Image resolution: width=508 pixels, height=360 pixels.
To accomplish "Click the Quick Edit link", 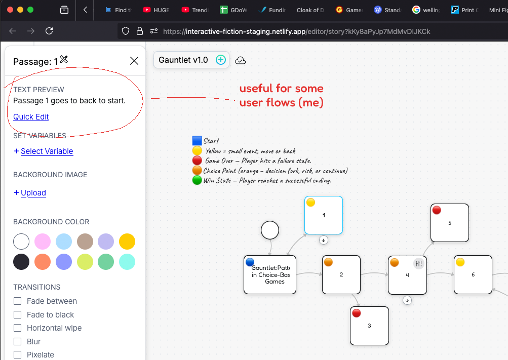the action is [31, 117].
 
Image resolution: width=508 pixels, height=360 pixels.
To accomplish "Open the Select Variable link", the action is [47, 151].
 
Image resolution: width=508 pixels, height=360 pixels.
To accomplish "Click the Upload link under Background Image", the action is [33, 192].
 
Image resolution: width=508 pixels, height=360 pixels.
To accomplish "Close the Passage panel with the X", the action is [134, 61].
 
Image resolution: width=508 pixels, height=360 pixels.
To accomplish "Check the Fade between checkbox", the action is [18, 301].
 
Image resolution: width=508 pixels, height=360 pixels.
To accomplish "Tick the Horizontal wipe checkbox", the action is [18, 328].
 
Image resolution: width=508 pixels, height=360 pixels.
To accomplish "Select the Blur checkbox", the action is [18, 342].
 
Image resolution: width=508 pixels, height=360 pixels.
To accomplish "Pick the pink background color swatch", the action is [43, 242].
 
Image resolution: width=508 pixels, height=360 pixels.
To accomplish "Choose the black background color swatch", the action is [21, 262].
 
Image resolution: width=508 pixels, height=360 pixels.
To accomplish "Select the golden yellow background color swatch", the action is [127, 242].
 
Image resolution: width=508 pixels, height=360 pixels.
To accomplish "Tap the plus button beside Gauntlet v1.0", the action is [221, 60].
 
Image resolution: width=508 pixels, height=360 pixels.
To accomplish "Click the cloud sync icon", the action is [240, 61].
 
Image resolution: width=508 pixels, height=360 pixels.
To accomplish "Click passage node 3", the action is [369, 326].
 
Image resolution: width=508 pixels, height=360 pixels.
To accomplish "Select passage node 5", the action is [450, 223].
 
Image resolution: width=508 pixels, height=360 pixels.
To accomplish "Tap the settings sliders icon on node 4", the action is [419, 263].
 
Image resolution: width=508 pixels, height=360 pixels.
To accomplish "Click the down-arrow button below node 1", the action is [323, 240].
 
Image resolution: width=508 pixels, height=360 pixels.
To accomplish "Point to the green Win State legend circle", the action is [197, 180].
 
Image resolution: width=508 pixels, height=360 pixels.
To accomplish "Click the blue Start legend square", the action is [197, 140].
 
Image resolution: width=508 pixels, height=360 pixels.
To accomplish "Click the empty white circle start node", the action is [270, 230].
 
